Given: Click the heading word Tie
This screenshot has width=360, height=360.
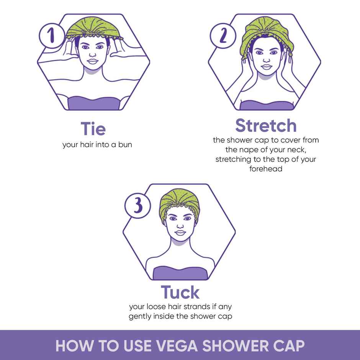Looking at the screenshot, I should coord(93,129).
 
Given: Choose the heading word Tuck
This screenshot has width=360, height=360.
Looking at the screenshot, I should coord(180,292).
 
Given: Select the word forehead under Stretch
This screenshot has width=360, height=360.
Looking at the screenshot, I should coord(266,169).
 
